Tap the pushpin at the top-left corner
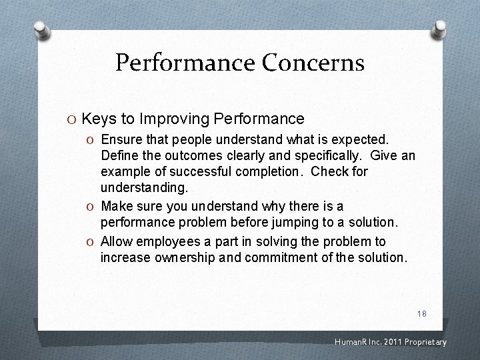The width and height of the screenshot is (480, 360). click(43, 31)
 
